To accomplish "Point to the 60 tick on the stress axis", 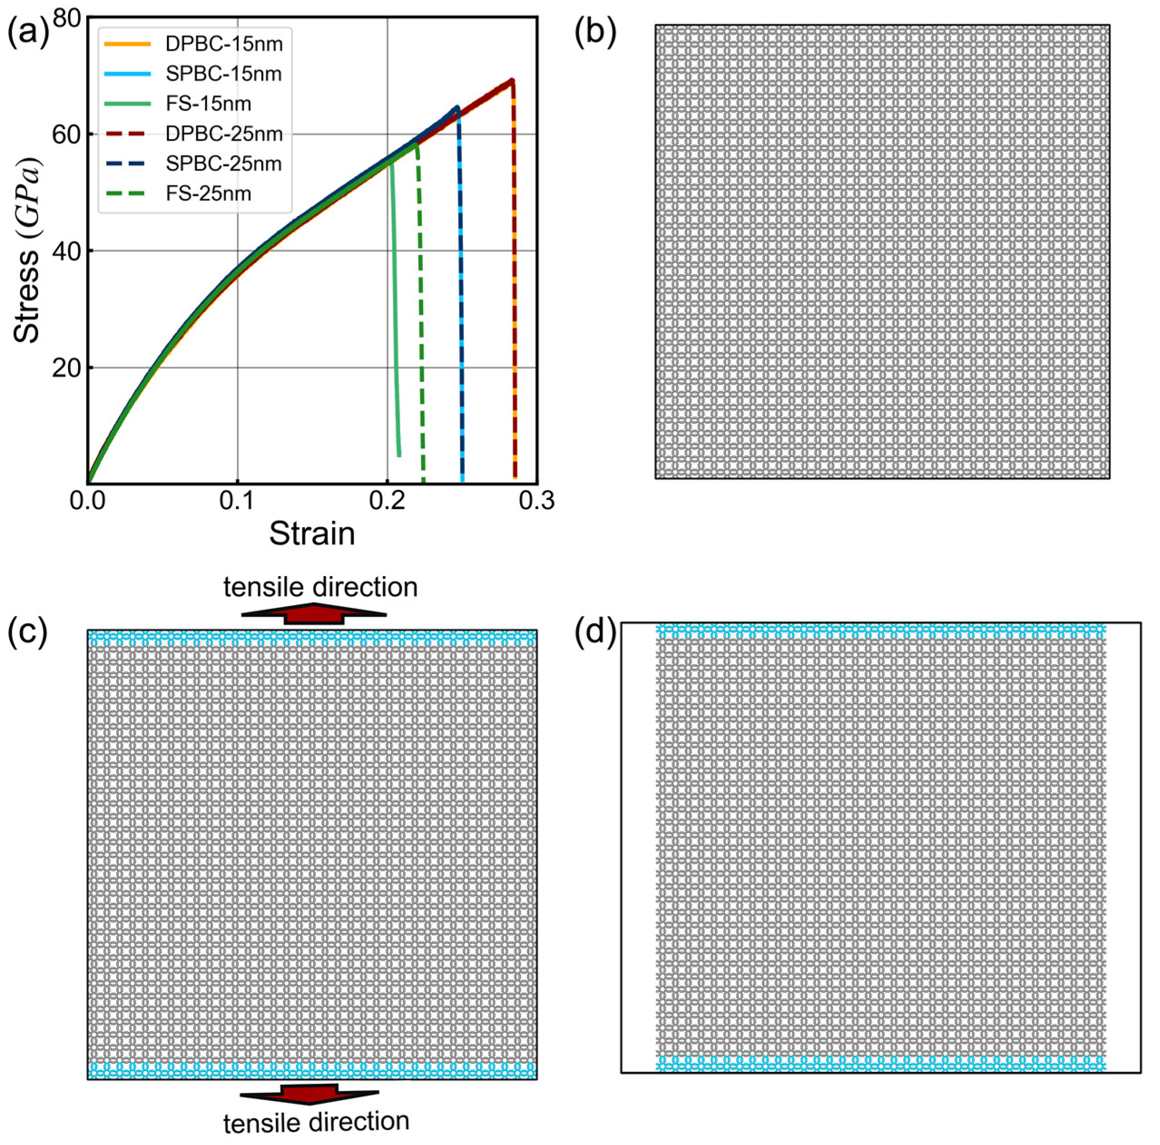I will [x=67, y=134].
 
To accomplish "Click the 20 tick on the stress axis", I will [x=67, y=367].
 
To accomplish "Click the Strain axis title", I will [x=312, y=533].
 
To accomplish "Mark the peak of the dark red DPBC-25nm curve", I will [x=512, y=80].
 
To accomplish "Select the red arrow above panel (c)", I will [x=313, y=614].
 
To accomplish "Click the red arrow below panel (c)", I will [x=310, y=1094].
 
